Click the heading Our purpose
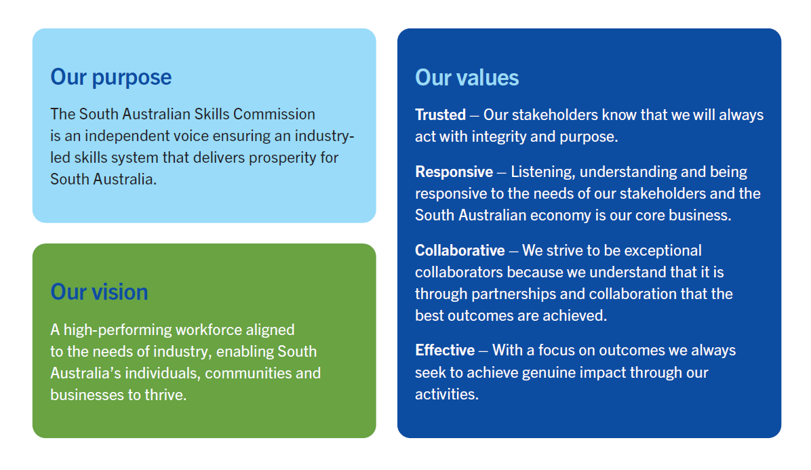click(x=111, y=77)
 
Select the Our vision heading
click(x=99, y=292)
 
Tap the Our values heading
click(x=467, y=77)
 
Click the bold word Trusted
click(x=440, y=115)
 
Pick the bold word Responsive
click(x=454, y=172)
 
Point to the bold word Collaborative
click(x=460, y=250)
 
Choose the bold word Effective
click(x=445, y=350)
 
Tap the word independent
click(x=133, y=136)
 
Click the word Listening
click(x=542, y=172)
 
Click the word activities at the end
click(x=447, y=395)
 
